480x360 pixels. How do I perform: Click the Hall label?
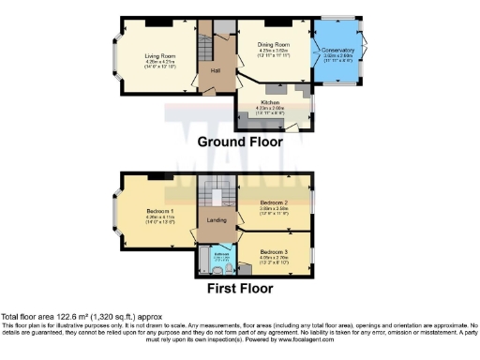[215, 70]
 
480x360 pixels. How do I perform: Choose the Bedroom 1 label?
[159, 211]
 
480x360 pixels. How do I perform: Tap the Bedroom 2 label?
[274, 202]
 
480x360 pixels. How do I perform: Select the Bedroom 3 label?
[274, 251]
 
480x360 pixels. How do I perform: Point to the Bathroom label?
[221, 253]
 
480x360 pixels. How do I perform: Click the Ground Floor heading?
[240, 142]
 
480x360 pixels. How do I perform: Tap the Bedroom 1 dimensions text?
[159, 219]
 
